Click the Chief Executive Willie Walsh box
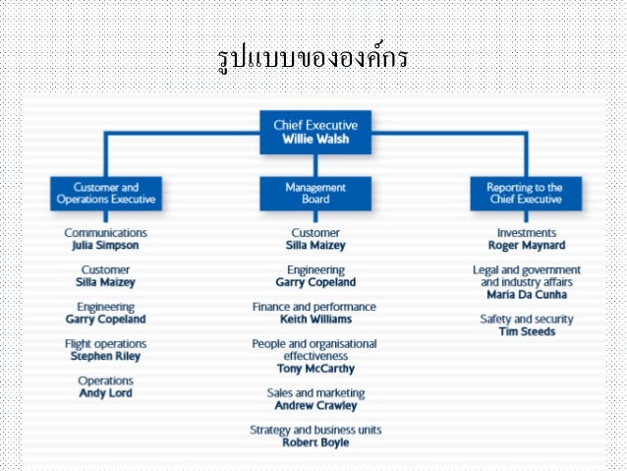[314, 132]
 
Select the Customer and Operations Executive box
[105, 193]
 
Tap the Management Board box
[314, 193]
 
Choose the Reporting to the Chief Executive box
[525, 193]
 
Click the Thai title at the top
[313, 58]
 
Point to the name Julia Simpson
[105, 246]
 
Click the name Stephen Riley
[105, 357]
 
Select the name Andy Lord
[105, 393]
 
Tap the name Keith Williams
[314, 320]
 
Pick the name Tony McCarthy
[314, 369]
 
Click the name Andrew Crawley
[314, 405]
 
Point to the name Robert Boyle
[314, 442]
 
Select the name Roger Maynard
[526, 246]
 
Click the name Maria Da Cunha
[526, 294]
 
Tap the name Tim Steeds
[526, 331]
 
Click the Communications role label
[105, 233]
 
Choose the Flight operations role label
[105, 344]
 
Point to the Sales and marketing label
[314, 392]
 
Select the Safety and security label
[526, 320]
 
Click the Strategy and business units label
[314, 430]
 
